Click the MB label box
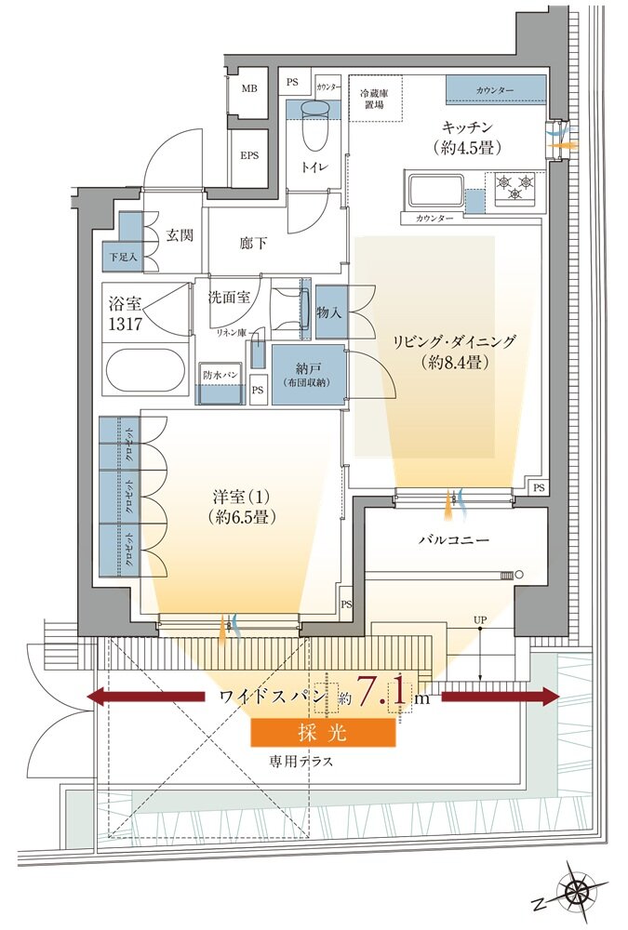pyautogui.click(x=249, y=89)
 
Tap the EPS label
pyautogui.click(x=249, y=155)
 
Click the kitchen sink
pyautogui.click(x=432, y=190)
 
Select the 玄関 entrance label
pyautogui.click(x=179, y=235)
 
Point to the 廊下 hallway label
pyautogui.click(x=253, y=244)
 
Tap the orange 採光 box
pyautogui.click(x=324, y=733)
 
